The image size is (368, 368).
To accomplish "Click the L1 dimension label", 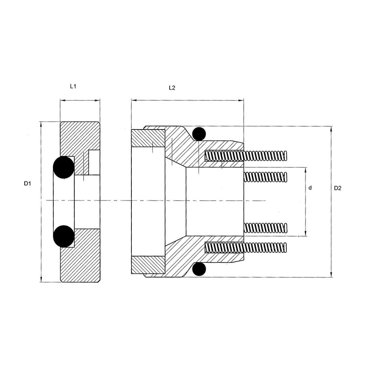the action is click(x=73, y=86).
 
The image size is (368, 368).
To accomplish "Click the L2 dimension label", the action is click(x=172, y=88).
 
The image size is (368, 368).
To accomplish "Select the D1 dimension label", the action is click(x=28, y=184).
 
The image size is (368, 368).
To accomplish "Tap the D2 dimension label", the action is click(x=338, y=188).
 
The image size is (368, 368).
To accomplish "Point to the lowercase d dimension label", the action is click(x=310, y=188).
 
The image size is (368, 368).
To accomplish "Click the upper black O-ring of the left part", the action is click(x=64, y=167).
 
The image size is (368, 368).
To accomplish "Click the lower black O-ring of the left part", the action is click(x=64, y=236).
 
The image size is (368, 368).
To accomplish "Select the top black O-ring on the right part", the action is click(x=199, y=134).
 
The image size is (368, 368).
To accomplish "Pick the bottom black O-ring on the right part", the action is click(x=199, y=269).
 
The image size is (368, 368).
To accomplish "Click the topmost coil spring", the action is click(x=246, y=156).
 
